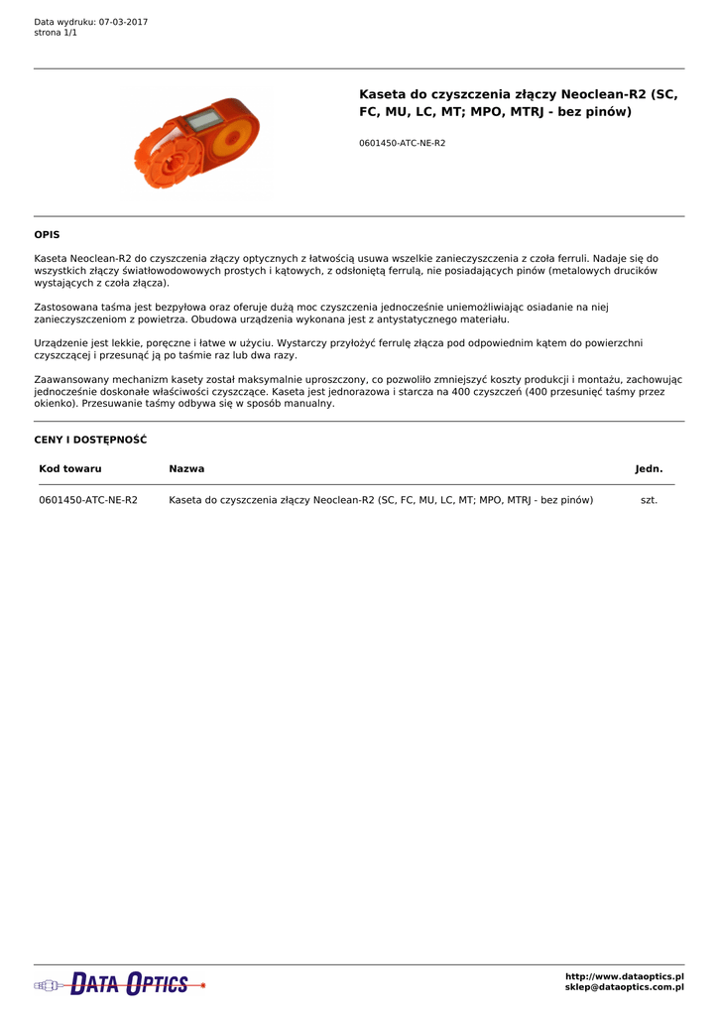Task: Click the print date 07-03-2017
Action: (123, 22)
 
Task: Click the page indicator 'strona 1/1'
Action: (56, 33)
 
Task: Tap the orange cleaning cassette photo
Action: (197, 142)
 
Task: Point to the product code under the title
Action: (402, 143)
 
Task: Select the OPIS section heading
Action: (47, 235)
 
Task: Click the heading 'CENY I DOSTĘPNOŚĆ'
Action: (90, 440)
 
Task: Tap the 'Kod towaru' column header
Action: (70, 468)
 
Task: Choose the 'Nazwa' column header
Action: (186, 468)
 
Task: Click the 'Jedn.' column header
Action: (649, 468)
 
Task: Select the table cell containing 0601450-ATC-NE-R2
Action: (88, 500)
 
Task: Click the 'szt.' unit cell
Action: (649, 500)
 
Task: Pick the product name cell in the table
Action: (381, 500)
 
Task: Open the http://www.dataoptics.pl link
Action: (624, 976)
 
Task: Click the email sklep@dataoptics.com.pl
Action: (624, 987)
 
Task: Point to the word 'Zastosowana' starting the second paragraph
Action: (66, 308)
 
